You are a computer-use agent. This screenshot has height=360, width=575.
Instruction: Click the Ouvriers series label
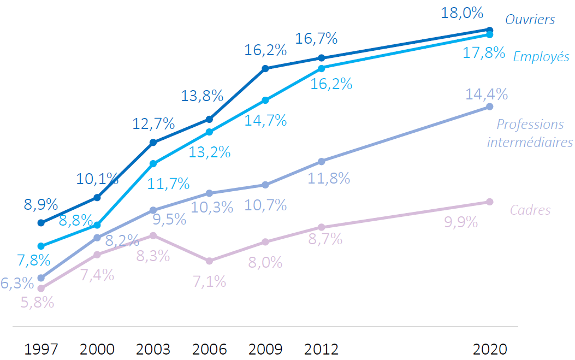530,20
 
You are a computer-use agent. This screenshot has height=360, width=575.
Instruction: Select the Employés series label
541,57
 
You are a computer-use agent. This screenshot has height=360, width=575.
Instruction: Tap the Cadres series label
530,210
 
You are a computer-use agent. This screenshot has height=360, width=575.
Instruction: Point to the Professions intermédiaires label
530,133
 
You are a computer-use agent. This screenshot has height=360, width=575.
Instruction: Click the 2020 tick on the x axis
490,349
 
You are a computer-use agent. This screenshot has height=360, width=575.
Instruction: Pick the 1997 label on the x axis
41,349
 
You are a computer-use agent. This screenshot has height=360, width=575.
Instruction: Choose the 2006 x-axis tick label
209,349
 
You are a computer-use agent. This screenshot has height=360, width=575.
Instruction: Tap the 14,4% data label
487,94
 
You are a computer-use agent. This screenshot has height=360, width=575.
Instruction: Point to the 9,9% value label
461,222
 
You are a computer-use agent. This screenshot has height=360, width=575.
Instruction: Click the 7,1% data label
209,282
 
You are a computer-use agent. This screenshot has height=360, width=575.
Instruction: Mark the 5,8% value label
37,302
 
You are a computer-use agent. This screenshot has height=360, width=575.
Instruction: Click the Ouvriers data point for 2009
265,68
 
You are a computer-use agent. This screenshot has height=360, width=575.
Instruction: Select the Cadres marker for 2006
209,261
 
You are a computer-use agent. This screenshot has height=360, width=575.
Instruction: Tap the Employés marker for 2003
153,164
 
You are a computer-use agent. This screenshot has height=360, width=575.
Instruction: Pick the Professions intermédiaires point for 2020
489,107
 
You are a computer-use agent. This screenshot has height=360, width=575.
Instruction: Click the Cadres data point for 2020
489,202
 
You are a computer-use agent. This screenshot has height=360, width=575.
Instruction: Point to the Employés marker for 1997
41,246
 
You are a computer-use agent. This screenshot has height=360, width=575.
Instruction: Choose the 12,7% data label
153,124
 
